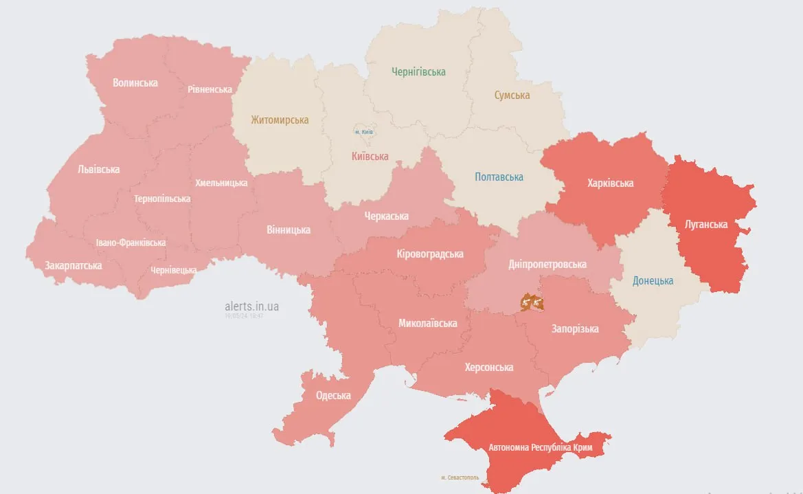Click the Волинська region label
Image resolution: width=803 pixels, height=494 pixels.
point(135,83)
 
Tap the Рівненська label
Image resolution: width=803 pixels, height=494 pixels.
point(210,89)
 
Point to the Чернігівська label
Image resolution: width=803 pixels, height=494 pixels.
point(418,72)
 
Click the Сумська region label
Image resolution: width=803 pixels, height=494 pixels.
point(512,96)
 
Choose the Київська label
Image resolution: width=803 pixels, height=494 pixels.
point(370,157)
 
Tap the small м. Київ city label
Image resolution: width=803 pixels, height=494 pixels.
point(364,131)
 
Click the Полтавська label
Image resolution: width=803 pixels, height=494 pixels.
point(499,177)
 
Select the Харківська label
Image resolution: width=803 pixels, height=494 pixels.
point(610,183)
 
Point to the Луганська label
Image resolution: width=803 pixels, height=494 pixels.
point(706,224)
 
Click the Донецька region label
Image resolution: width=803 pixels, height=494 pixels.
point(653,281)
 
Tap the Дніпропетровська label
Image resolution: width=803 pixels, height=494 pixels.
point(547,265)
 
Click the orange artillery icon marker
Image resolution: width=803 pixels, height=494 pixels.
point(531,302)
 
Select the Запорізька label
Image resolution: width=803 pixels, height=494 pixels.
point(575,329)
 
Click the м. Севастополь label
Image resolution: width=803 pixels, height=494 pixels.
point(460,477)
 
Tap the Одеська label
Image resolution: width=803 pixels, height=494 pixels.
point(333,396)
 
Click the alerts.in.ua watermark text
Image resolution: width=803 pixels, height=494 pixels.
point(251,306)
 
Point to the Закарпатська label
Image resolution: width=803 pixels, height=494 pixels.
point(73,265)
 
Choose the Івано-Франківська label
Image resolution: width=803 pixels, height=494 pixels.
point(131,243)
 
